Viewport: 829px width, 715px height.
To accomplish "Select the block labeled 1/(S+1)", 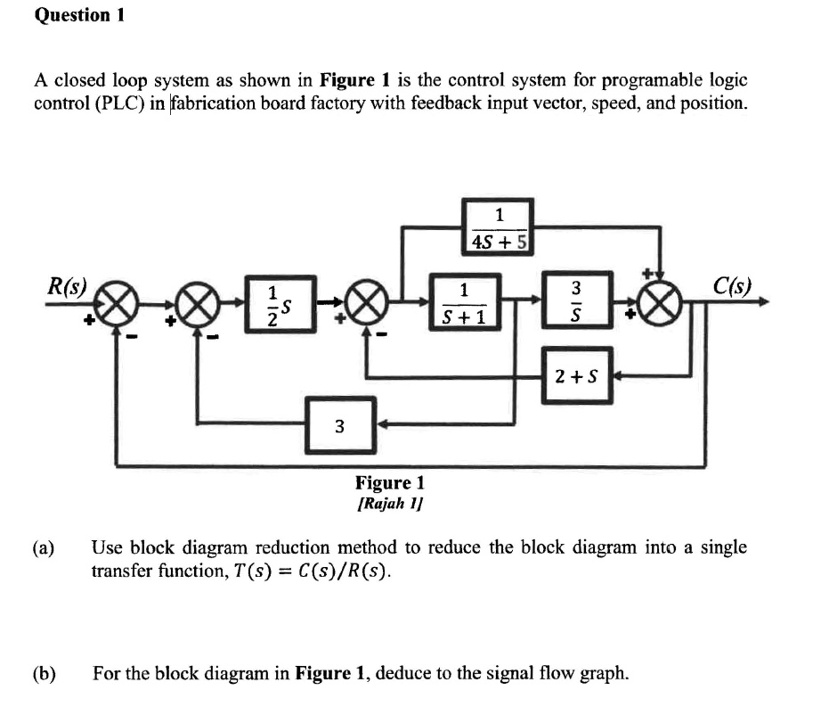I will coord(464,302).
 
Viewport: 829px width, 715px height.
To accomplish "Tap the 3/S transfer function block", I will coord(576,302).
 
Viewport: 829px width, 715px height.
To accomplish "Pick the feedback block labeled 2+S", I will coord(576,376).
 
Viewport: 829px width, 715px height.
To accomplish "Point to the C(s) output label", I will coord(732,287).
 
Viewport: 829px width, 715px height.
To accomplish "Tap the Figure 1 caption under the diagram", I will coord(389,483).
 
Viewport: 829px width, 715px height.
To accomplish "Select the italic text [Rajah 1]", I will coord(389,503).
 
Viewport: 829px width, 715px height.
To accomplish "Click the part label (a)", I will coord(44,547).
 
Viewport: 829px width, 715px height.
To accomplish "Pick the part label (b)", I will coord(44,673).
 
